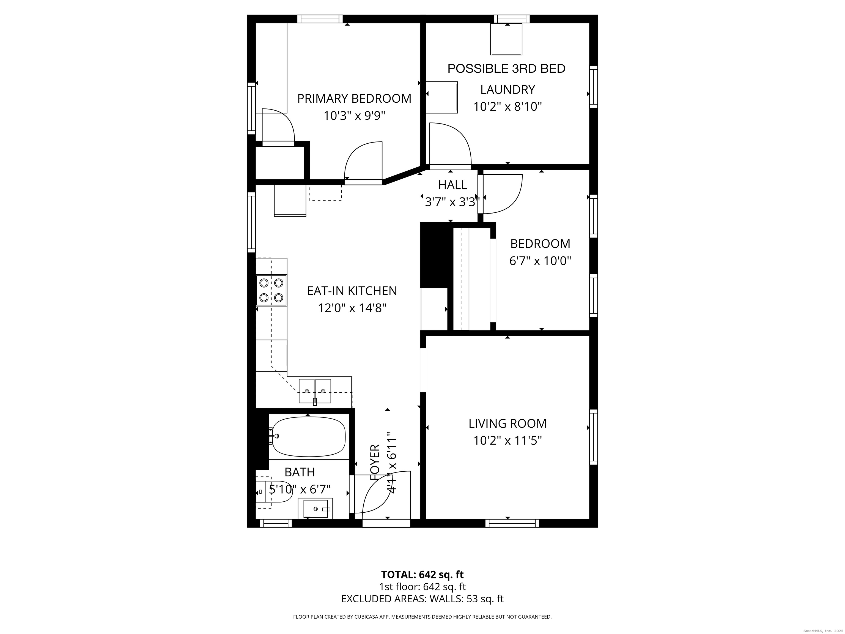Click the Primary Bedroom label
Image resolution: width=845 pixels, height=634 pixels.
click(354, 99)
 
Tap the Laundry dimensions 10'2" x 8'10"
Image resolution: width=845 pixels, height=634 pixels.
click(507, 106)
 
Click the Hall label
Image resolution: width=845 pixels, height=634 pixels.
click(452, 185)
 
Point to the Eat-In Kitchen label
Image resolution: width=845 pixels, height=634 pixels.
click(352, 291)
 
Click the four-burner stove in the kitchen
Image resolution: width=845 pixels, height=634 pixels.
click(271, 290)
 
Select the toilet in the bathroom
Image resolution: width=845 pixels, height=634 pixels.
click(273, 492)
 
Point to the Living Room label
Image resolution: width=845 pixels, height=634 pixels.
click(507, 423)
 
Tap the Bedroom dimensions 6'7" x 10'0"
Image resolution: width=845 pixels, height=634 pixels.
click(540, 261)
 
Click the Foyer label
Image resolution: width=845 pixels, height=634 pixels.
click(375, 462)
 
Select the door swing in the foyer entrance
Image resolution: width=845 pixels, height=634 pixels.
click(382, 493)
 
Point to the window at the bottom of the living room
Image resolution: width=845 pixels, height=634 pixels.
click(512, 523)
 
